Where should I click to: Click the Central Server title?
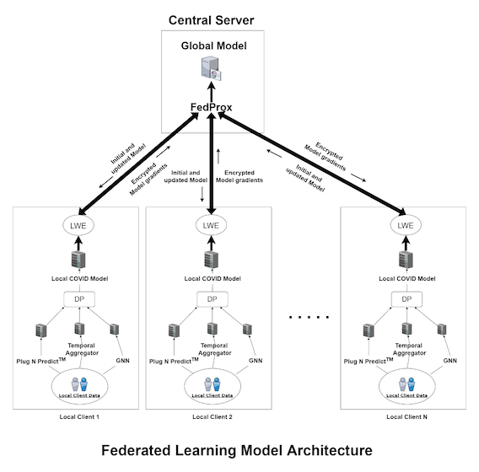211,20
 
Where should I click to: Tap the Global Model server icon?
211,68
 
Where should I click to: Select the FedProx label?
211,107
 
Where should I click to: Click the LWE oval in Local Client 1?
78,226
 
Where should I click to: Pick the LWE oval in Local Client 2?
211,226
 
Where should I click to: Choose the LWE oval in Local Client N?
406,226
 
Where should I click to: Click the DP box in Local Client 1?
79,299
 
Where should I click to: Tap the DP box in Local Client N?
407,299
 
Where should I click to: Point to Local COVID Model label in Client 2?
213,278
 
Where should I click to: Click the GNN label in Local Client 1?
122,361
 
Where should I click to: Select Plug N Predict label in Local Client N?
369,361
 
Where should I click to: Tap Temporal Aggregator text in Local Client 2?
214,349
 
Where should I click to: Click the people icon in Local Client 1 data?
79,384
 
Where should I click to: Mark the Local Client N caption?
407,416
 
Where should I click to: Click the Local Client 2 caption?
213,416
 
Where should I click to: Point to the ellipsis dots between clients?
309,317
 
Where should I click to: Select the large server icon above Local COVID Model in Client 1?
78,260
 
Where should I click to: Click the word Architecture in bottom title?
330,450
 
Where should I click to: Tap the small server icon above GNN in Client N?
442,330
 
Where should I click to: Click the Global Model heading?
214,46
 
